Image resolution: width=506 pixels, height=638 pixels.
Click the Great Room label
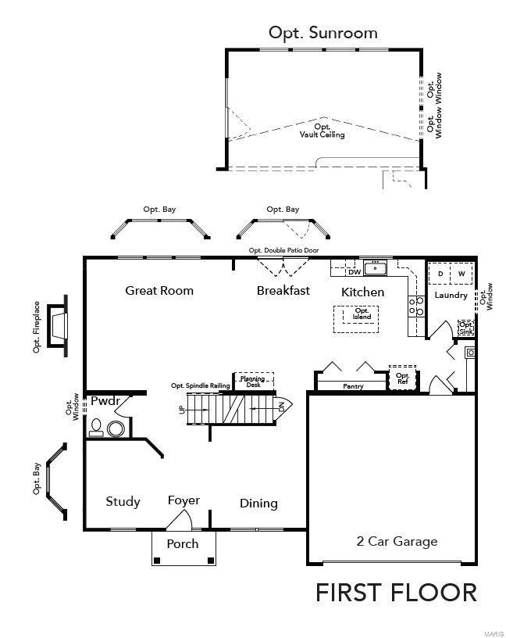tap(159, 291)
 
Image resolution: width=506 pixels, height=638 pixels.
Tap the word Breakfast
tap(283, 291)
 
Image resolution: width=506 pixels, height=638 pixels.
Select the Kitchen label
tap(362, 292)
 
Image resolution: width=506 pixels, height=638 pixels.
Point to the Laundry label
tap(451, 296)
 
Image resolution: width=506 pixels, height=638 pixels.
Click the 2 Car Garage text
tap(397, 541)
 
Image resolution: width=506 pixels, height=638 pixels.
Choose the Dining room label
tap(258, 504)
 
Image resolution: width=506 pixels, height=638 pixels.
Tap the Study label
tap(123, 502)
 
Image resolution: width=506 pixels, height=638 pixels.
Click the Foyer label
tap(184, 500)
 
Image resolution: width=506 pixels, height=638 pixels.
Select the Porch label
tap(183, 543)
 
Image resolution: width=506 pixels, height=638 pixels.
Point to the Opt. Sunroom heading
tap(322, 33)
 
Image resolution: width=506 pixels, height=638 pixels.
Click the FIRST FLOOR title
tap(396, 593)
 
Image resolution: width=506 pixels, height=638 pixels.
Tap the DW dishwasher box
tap(354, 272)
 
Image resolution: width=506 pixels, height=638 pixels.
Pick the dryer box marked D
tap(440, 274)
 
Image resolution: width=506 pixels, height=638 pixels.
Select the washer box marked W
tap(461, 274)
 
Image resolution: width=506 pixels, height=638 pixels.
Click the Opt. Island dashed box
tap(361, 314)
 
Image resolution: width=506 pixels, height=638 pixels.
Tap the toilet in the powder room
tap(97, 426)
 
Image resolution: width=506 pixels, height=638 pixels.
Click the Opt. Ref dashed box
tap(403, 379)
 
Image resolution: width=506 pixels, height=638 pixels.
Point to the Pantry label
tap(355, 386)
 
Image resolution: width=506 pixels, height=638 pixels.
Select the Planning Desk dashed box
tap(255, 381)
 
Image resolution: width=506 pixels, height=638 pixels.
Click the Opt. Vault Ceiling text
tap(322, 131)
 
